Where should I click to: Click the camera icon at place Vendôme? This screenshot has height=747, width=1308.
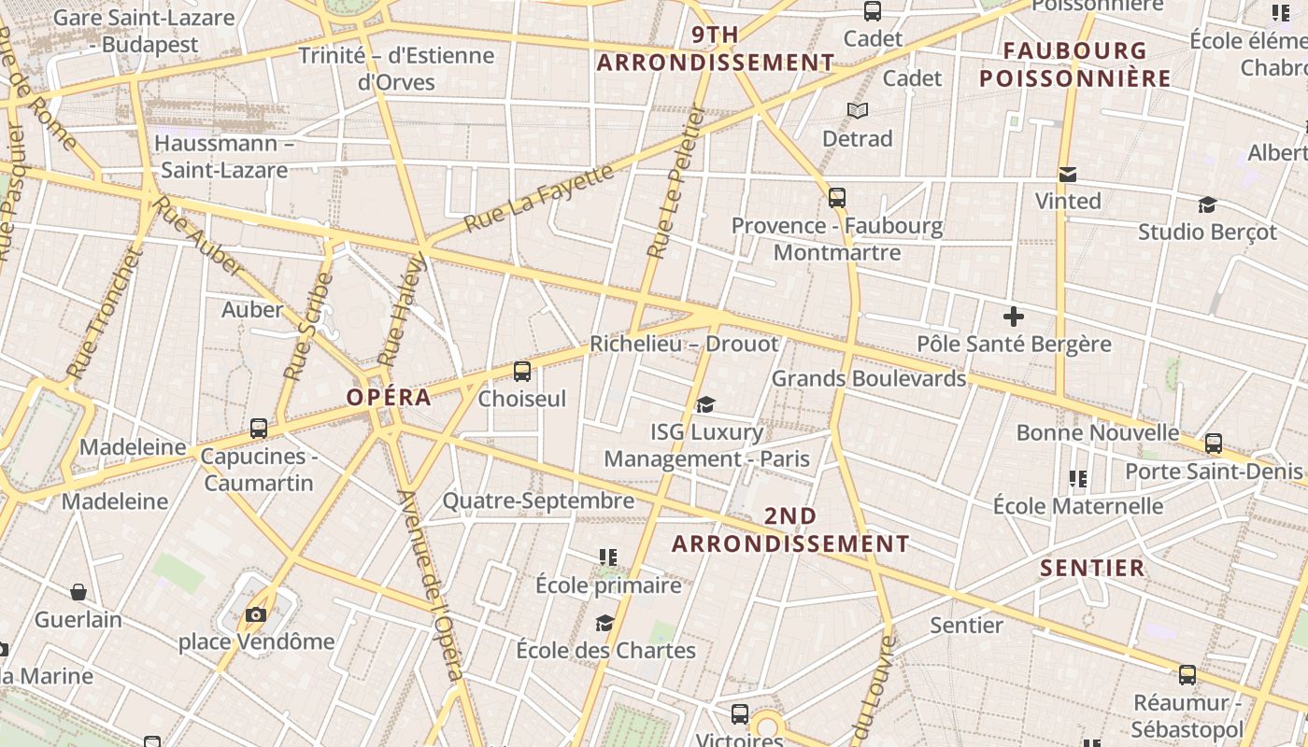click(x=255, y=614)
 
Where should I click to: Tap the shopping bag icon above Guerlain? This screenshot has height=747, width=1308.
click(x=78, y=592)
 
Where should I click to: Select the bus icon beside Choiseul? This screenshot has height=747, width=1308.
click(x=522, y=371)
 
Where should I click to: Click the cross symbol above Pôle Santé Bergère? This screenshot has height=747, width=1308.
click(x=1013, y=316)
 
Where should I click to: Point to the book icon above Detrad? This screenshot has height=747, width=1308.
click(x=858, y=111)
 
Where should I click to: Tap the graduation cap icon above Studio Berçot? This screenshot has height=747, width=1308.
click(x=1207, y=204)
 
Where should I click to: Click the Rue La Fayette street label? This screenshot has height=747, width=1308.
click(x=539, y=198)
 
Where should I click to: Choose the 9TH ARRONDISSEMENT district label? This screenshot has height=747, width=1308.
click(x=716, y=49)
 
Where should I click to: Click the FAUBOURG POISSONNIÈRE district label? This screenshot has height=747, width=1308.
click(x=1075, y=64)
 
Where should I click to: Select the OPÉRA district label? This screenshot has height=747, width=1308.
click(x=389, y=397)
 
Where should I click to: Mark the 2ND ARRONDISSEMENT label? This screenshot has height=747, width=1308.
click(x=790, y=529)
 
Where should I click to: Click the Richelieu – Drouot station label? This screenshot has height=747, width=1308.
click(x=684, y=344)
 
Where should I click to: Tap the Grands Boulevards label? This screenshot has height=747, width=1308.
click(x=868, y=378)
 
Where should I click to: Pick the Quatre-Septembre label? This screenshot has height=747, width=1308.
click(x=538, y=500)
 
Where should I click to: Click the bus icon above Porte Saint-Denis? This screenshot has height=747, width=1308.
click(x=1214, y=443)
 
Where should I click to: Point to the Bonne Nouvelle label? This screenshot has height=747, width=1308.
click(x=1098, y=432)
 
